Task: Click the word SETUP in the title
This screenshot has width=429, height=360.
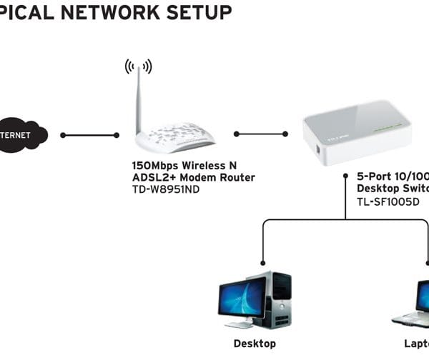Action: coord(202,12)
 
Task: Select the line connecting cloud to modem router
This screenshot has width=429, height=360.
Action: coord(90,134)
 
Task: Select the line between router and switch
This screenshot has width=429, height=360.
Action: coord(260,134)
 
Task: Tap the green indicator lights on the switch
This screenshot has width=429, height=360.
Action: coord(389,126)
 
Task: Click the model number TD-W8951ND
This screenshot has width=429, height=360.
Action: coord(166,190)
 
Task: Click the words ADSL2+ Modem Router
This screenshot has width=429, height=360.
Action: coord(193,177)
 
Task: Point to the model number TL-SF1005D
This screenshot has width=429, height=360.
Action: coord(389,202)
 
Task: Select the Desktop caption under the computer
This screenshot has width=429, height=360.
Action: coord(255,344)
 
